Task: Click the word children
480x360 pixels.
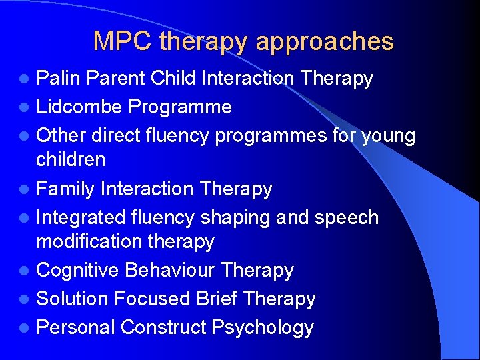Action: pos(71,159)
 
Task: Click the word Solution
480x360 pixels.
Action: pos(73,299)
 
